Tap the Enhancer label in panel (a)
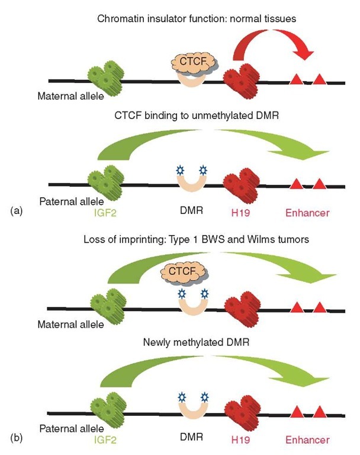click(307, 211)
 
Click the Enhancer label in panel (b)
click(307, 440)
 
